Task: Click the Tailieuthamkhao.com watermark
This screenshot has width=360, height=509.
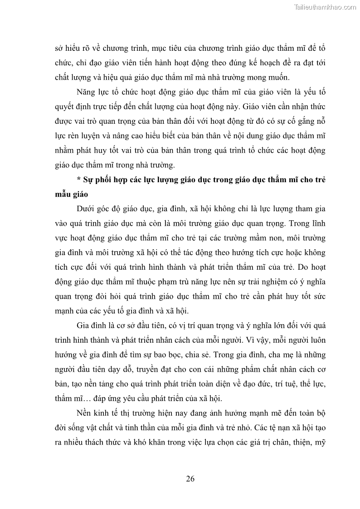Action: click(325, 7)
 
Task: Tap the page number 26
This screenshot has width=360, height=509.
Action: click(190, 479)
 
